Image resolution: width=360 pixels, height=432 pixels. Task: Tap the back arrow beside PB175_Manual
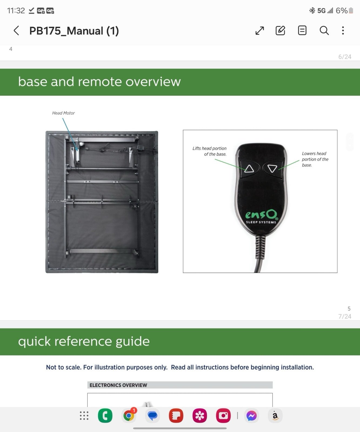pyautogui.click(x=16, y=31)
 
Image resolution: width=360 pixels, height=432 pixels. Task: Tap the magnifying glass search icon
pyautogui.click(x=324, y=31)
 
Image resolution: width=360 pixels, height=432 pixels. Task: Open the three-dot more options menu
pyautogui.click(x=343, y=31)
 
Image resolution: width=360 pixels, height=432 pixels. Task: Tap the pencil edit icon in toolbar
pyautogui.click(x=280, y=31)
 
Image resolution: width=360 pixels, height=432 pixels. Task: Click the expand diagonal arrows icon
pyautogui.click(x=259, y=31)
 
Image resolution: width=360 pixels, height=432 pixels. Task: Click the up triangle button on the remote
pyautogui.click(x=249, y=169)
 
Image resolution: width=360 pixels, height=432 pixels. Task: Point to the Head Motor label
pyautogui.click(x=63, y=113)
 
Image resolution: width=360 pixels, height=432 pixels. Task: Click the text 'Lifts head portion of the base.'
pyautogui.click(x=209, y=151)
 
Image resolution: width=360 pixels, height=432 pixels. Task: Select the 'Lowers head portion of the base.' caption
pyautogui.click(x=315, y=159)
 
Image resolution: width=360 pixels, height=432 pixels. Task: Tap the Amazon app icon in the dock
pyautogui.click(x=275, y=416)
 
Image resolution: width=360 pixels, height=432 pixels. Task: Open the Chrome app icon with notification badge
pyautogui.click(x=129, y=416)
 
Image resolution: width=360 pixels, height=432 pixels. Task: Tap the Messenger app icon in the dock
pyautogui.click(x=251, y=416)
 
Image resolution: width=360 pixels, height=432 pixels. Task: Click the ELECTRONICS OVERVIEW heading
pyautogui.click(x=118, y=385)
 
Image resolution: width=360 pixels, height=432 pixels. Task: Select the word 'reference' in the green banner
pyautogui.click(x=83, y=341)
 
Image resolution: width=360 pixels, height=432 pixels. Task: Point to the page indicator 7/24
pyautogui.click(x=345, y=316)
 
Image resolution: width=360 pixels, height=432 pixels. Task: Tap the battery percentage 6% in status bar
pyautogui.click(x=341, y=11)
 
